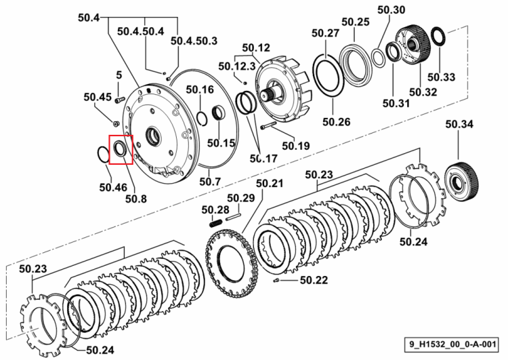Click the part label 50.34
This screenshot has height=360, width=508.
[459, 124]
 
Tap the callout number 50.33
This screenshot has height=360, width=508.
[441, 77]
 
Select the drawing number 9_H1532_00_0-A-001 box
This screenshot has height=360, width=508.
[452, 344]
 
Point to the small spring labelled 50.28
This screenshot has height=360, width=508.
[216, 223]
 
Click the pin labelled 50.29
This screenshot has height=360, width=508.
[233, 216]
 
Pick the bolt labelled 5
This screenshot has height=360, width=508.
[120, 100]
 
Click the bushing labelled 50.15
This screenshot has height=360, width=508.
[219, 113]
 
